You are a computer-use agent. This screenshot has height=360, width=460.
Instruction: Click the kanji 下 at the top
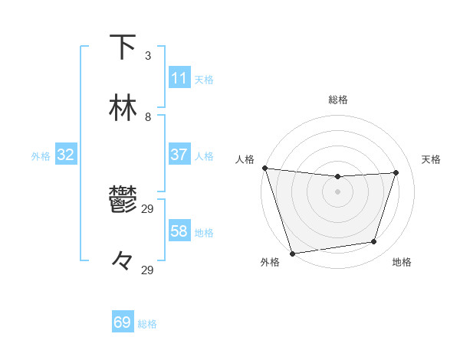[123, 47]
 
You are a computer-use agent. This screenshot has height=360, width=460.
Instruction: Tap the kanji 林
[123, 108]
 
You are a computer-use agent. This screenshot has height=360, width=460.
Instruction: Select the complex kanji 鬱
[123, 200]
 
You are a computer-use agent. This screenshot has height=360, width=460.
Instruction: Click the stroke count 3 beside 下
[148, 56]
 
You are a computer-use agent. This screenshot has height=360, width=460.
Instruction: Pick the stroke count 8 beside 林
[148, 117]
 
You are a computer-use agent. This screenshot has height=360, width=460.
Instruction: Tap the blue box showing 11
[179, 78]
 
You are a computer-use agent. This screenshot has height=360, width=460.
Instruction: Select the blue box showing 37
[179, 155]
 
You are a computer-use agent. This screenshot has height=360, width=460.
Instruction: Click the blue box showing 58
[179, 231]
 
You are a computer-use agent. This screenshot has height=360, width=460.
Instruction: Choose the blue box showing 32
[65, 155]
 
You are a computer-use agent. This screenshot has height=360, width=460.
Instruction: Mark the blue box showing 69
[123, 322]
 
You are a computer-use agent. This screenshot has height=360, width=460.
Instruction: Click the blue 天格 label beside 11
[204, 80]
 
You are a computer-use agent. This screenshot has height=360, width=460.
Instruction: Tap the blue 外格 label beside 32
[41, 156]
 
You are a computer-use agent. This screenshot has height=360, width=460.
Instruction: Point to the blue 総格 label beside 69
[147, 324]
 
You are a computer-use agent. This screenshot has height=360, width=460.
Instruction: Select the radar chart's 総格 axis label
[337, 100]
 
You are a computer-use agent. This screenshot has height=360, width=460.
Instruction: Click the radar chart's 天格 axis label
[432, 159]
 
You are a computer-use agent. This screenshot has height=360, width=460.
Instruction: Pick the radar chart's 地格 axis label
[402, 262]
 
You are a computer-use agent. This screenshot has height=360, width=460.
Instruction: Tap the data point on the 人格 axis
[264, 168]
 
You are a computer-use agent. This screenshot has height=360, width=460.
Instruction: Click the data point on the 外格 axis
[292, 253]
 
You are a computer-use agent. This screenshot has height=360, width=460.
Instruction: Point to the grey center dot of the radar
[337, 191]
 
